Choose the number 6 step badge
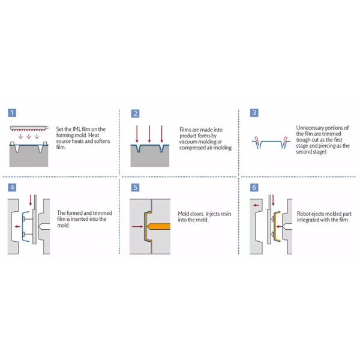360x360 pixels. click(254, 187)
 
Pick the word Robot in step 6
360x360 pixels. click(304, 213)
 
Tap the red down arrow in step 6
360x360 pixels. click(268, 202)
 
